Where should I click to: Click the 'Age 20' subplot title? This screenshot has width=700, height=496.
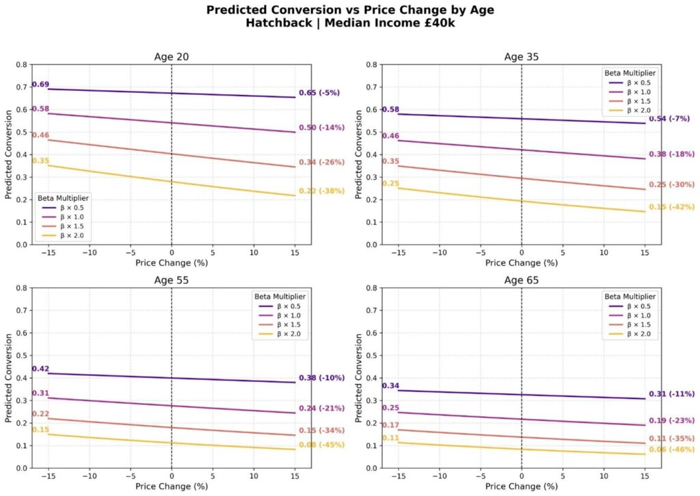171,57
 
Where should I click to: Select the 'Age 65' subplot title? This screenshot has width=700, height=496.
521,280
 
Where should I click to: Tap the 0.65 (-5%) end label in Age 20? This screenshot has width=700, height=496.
319,93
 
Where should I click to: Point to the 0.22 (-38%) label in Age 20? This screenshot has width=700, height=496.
321,191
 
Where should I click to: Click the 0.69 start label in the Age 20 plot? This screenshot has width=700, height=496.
40,84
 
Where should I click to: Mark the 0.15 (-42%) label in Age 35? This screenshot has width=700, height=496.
671,208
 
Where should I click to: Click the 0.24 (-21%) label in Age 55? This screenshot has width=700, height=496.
321,409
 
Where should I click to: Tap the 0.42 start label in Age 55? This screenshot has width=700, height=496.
40,369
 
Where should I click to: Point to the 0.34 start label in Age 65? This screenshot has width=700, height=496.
390,386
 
